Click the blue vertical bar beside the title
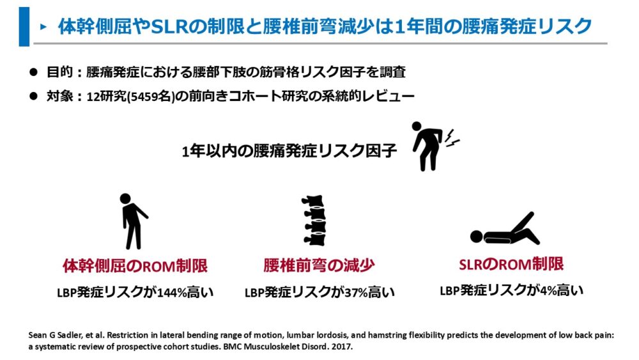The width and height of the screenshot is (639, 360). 24,26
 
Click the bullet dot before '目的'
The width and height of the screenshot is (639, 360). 33,72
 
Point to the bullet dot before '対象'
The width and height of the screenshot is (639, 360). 33,96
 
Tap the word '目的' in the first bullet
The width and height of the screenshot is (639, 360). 60,72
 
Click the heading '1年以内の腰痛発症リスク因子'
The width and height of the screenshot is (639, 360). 289,152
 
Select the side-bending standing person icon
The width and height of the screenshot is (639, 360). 133,221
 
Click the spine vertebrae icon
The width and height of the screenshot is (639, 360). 314,220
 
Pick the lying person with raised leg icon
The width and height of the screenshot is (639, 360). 505,230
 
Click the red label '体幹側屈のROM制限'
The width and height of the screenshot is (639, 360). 135,266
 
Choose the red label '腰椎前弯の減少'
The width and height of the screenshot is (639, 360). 319,265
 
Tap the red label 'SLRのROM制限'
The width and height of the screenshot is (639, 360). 511,264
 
